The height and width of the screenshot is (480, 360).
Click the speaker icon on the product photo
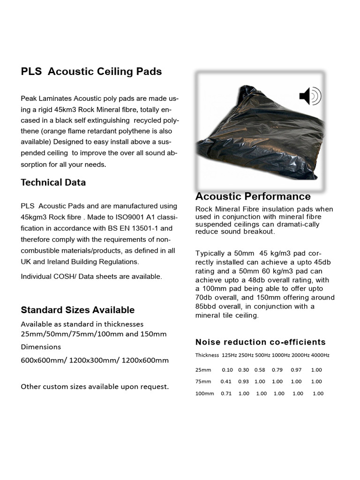point(310,96)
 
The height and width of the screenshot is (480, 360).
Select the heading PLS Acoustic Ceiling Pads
point(91,72)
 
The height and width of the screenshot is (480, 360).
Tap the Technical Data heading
point(53,182)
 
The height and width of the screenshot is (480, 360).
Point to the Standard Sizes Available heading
point(77,310)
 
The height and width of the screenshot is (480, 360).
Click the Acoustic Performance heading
point(253,196)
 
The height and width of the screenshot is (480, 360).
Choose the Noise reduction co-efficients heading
point(260,342)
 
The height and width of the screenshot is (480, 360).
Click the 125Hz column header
point(229,355)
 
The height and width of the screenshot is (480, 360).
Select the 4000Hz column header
point(320,355)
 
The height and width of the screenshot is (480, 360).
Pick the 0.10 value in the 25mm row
point(227,370)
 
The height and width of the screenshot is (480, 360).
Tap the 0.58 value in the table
point(260,370)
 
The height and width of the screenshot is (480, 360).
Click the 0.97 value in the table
point(296,370)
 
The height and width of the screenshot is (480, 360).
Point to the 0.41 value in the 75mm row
point(226,382)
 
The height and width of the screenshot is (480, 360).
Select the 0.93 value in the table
point(243,382)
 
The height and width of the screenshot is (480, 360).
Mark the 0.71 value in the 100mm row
point(226,394)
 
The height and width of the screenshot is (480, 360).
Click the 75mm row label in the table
point(203,382)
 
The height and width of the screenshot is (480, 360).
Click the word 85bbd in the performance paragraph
point(207,307)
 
